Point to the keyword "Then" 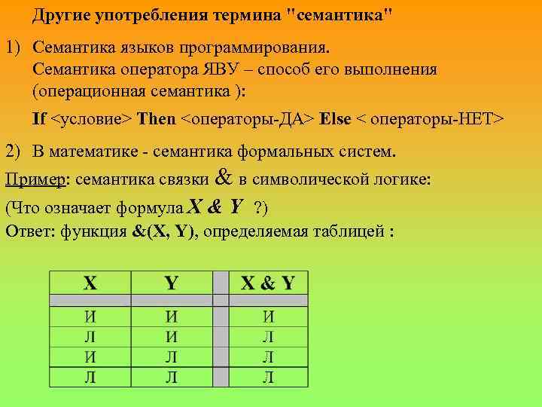(x=157, y=119)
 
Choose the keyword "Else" (x=336, y=119)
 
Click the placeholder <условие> (x=93, y=119)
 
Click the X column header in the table (x=90, y=283)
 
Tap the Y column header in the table (x=171, y=283)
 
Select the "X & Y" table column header (x=268, y=283)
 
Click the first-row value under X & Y (x=268, y=317)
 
